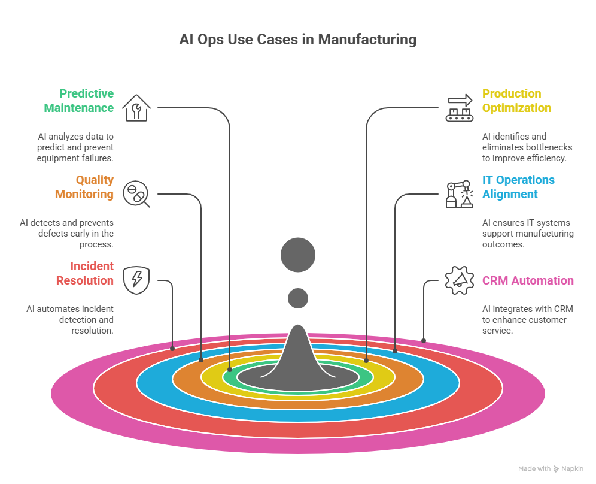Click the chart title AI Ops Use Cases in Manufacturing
pos(298,40)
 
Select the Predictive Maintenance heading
pos(86,101)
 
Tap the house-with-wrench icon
pos(136,108)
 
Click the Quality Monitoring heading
pos(84,187)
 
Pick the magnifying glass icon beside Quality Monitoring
pos(136,195)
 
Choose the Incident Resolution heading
pos(85,273)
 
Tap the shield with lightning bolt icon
pos(136,280)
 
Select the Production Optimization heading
pos(516,101)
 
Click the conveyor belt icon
pos(459,108)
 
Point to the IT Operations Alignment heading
pos(518,187)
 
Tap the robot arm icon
pos(459,194)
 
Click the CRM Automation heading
pos(528,280)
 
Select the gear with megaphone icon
pos(459,280)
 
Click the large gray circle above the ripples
pos(298,255)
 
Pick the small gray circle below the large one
pos(298,298)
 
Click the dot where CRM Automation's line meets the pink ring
pos(424,341)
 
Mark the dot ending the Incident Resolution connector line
pos(172,347)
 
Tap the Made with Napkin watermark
pos(551,469)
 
